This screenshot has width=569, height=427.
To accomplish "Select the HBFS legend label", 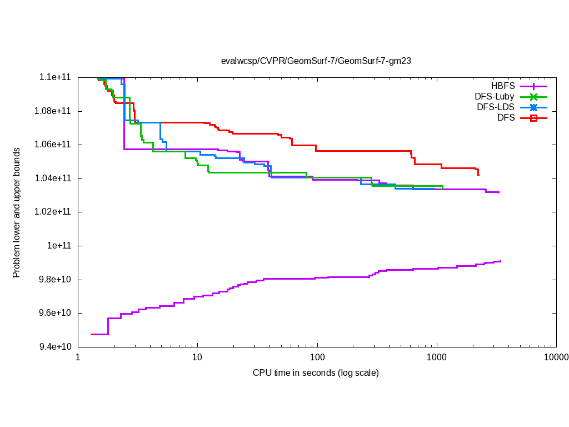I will click(x=503, y=86).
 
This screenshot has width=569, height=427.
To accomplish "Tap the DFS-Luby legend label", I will click(x=494, y=97).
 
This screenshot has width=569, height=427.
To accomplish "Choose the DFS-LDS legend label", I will click(x=496, y=107).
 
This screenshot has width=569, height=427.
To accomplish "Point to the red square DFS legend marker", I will click(x=533, y=118).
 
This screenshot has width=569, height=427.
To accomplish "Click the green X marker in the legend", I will click(x=533, y=97).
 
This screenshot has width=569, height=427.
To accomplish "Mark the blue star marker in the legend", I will click(x=533, y=107).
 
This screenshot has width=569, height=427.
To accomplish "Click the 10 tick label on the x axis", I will click(x=197, y=357).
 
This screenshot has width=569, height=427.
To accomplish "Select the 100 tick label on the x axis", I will click(x=317, y=357).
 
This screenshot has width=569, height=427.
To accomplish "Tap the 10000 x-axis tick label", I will click(x=556, y=357).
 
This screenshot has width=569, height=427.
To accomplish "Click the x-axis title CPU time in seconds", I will click(x=316, y=373).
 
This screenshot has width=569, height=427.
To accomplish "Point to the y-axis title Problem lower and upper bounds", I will click(x=17, y=212).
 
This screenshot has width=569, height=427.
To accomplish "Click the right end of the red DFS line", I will click(x=478, y=176).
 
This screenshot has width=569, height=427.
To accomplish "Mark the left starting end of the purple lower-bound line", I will click(x=92, y=334).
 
